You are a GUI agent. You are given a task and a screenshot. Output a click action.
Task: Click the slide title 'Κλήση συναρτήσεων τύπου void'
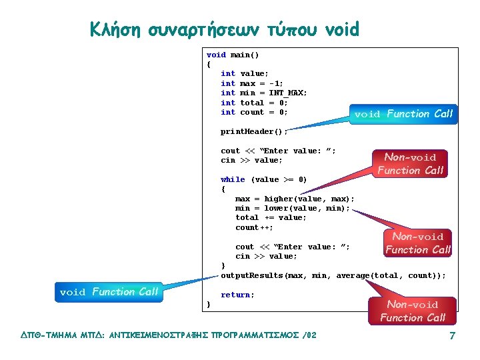pos(225,29)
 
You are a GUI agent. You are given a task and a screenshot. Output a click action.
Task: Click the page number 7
pos(452,335)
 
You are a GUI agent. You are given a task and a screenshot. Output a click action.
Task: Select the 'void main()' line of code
pos(233,55)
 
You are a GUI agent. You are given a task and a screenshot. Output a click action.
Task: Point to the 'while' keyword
pos(233,179)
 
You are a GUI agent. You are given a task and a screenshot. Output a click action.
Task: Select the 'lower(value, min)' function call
pos(304,208)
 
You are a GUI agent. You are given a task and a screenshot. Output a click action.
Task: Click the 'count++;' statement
pos(254,227)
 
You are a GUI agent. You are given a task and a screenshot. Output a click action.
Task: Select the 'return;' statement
pos(237,295)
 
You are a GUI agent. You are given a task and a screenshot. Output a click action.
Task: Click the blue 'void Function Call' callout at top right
pos(403,114)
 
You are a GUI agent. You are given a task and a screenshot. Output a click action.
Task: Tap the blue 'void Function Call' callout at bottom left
pos(109,292)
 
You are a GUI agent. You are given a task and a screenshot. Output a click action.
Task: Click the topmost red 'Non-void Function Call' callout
pos(410,163)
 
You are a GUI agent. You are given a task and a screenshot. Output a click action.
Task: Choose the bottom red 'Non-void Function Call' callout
pos(413,311)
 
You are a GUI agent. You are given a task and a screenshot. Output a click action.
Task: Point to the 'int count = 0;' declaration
pos(254,112)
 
